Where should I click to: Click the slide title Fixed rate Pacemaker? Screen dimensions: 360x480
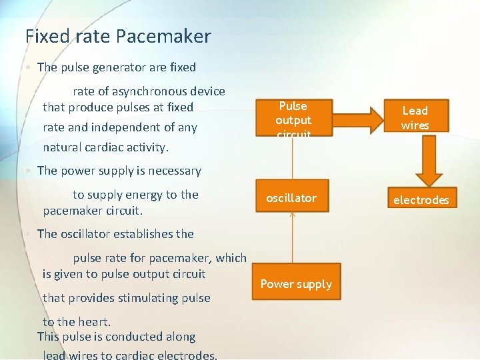tap(118, 35)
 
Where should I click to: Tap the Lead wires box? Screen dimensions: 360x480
tap(415, 118)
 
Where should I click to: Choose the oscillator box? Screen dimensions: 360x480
tap(291, 198)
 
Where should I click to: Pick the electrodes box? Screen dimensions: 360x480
tap(421, 199)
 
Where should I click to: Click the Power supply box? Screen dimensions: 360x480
tap(295, 284)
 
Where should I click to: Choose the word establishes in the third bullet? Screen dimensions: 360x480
tap(140, 233)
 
